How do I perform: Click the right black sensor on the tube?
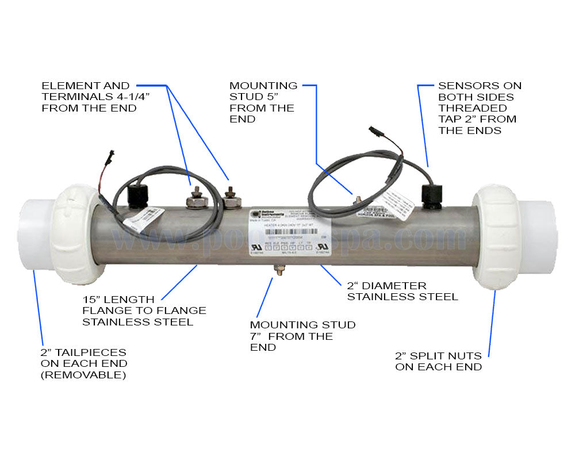click(434, 195)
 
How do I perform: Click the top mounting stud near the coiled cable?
click(356, 199)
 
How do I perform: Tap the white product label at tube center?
click(284, 233)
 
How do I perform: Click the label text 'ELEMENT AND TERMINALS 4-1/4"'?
click(89, 97)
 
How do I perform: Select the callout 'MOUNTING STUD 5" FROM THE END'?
click(263, 102)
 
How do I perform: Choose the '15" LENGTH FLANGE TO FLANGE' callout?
click(144, 310)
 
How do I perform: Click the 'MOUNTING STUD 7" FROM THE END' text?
click(302, 336)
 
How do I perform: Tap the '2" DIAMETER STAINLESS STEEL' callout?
click(402, 291)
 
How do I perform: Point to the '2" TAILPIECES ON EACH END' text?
click(84, 363)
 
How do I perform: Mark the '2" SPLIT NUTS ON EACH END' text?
click(438, 362)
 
